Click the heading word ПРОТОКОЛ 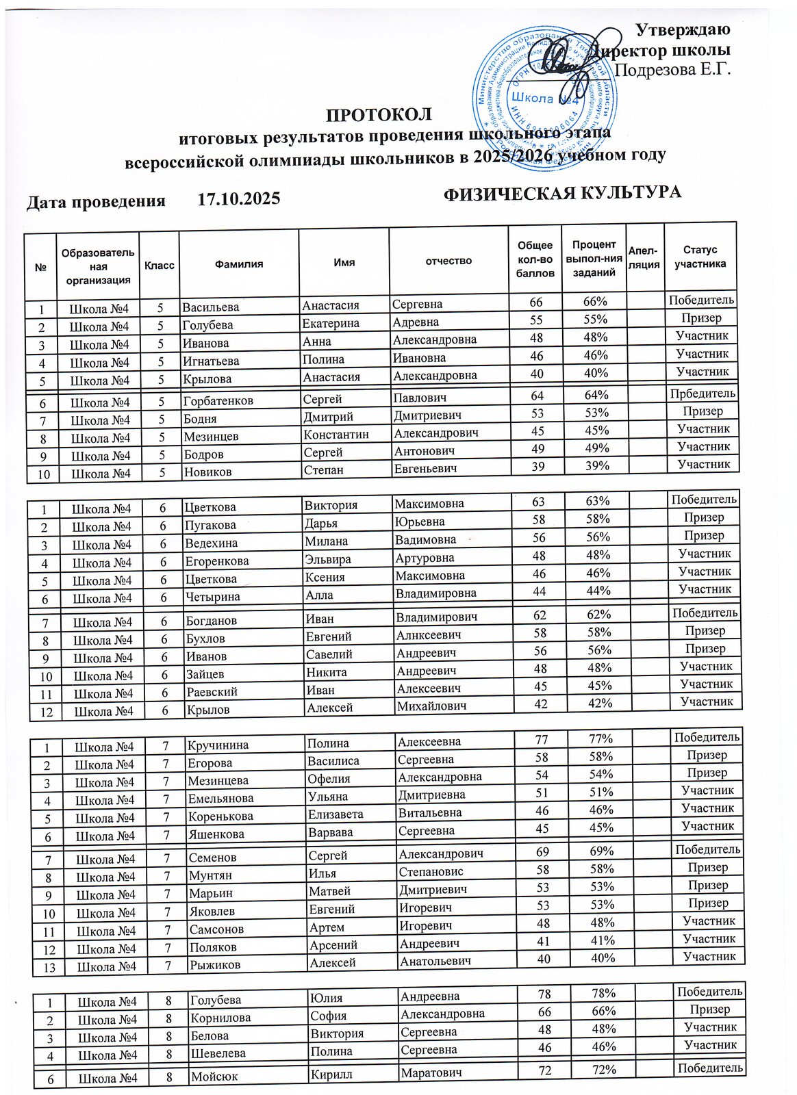coord(379,114)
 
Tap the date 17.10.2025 coord(238,199)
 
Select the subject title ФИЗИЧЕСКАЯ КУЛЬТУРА coord(562,193)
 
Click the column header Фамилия coord(238,263)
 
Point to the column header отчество coord(448,261)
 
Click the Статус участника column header coord(700,257)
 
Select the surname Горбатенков coord(218,400)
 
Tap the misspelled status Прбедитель coord(703,394)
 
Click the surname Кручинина coord(218,745)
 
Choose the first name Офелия coord(329,779)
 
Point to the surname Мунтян coord(211,875)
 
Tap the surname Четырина coord(212,597)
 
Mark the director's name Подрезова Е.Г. coord(674,70)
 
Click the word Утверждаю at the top coord(683,29)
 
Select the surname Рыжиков coord(215,966)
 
